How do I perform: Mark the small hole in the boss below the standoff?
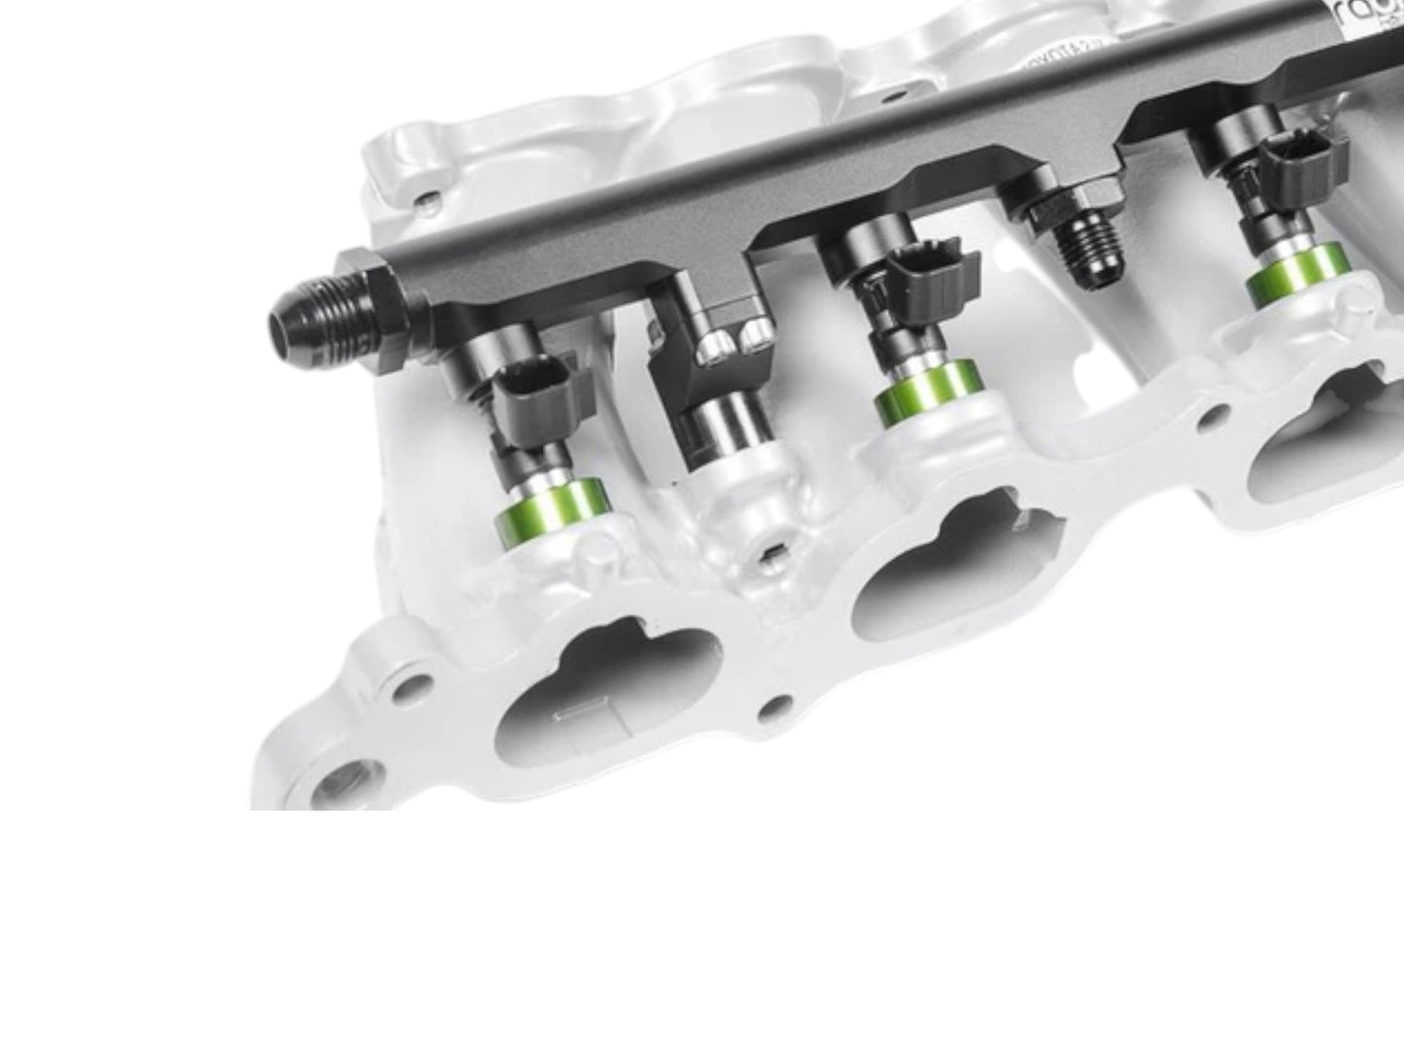coord(770,556)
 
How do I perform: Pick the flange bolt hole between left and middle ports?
coord(774,706)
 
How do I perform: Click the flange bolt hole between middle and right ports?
coord(1212,418)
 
